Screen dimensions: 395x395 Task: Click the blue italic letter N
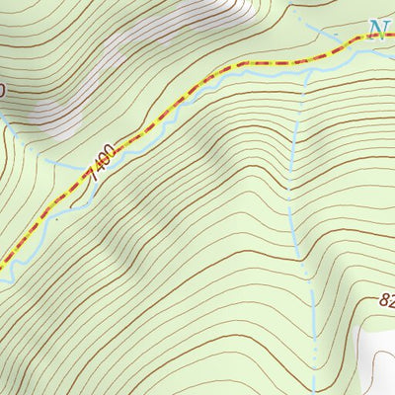pos(378,31)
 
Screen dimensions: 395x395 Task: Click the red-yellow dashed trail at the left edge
pos(2,266)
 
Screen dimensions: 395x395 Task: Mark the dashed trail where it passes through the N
pos(378,37)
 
